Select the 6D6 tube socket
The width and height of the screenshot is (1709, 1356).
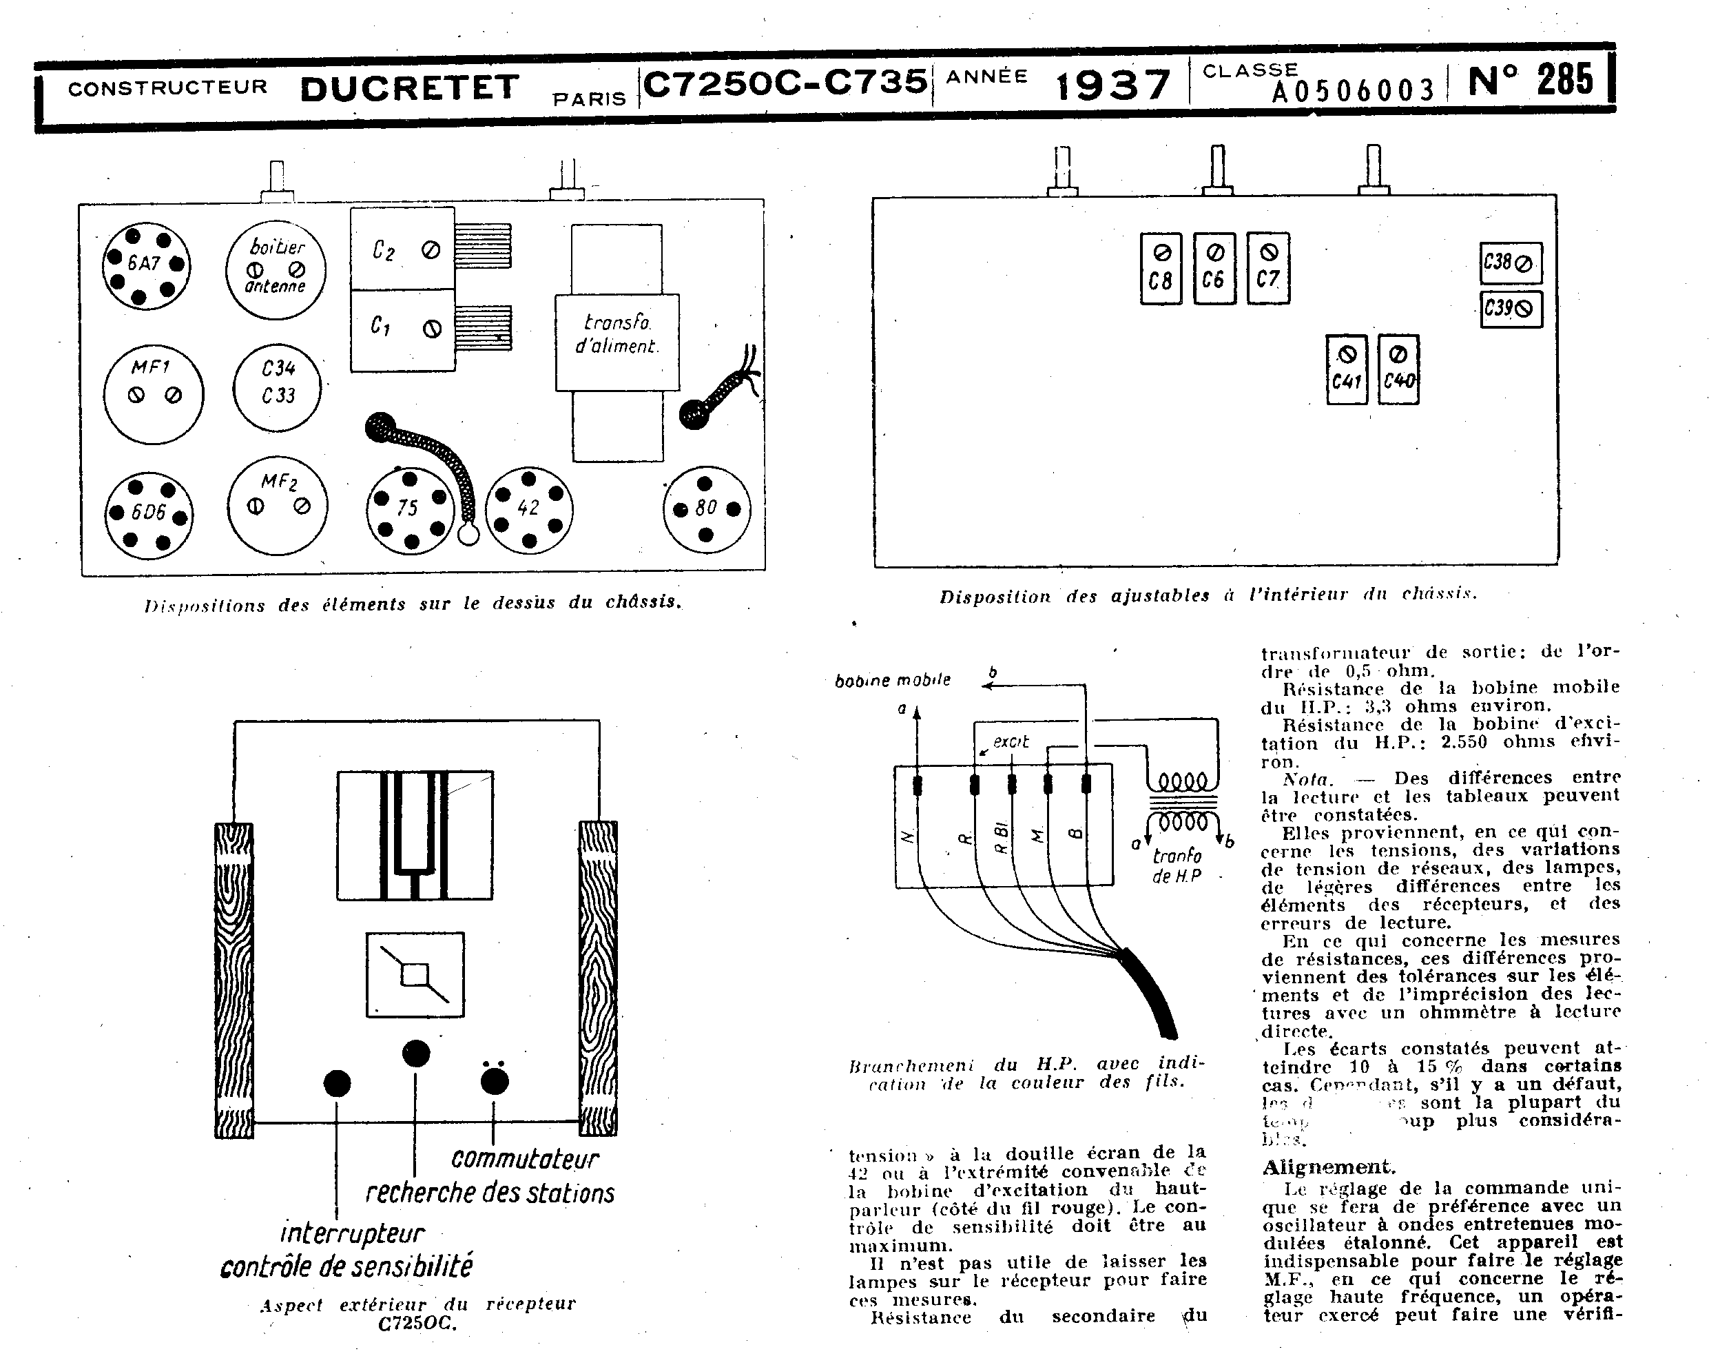(149, 515)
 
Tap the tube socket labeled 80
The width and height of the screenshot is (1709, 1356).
(706, 509)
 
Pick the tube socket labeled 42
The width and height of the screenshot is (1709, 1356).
(529, 509)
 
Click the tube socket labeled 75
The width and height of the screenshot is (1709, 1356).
(409, 510)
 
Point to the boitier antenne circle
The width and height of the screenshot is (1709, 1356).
(276, 269)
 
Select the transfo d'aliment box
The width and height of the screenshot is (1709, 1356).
(617, 342)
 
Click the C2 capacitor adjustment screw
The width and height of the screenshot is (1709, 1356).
(431, 251)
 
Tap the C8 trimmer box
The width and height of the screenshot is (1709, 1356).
(1161, 268)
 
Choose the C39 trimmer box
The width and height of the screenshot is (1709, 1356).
(1511, 309)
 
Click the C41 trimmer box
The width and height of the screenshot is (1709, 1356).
(1346, 369)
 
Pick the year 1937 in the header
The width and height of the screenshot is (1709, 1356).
(1113, 85)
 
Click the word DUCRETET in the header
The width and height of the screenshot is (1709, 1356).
(409, 88)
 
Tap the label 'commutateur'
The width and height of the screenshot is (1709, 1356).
(525, 1158)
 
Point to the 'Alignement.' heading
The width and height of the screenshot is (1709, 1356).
(1329, 1167)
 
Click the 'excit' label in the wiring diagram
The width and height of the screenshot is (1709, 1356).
(1011, 741)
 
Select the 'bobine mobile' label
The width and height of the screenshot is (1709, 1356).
(893, 680)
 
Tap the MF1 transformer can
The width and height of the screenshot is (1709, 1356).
(153, 393)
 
